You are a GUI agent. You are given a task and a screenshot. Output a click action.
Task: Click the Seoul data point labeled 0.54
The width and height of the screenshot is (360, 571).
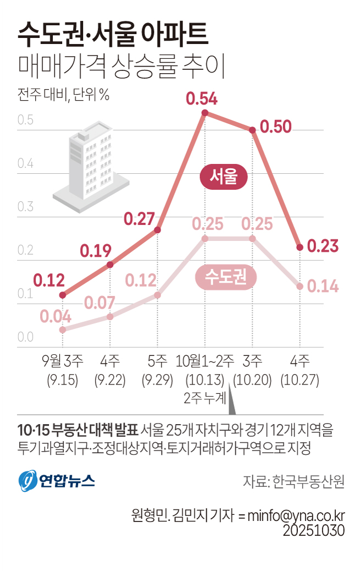[205, 113]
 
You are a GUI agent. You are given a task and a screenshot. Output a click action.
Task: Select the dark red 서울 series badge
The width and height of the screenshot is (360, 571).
[224, 177]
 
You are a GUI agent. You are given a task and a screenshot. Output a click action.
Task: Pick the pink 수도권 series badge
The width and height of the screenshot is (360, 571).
[226, 278]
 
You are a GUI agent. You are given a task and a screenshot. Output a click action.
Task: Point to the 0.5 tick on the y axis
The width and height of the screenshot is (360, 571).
[25, 120]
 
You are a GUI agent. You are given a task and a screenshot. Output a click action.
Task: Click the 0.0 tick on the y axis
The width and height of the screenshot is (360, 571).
[25, 337]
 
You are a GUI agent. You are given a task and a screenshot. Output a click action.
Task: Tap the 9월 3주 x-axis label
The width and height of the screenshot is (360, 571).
[63, 361]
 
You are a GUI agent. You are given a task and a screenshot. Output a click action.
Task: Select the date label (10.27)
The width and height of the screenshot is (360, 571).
[300, 380]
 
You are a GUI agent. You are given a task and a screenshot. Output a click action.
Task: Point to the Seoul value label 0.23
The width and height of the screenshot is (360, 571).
[323, 246]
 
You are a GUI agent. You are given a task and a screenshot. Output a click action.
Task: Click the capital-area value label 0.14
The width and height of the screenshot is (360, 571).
[323, 286]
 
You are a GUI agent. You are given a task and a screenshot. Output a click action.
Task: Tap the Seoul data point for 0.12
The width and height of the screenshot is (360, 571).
[63, 295]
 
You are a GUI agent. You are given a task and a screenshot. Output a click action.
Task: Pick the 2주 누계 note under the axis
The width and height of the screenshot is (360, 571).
[204, 398]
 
